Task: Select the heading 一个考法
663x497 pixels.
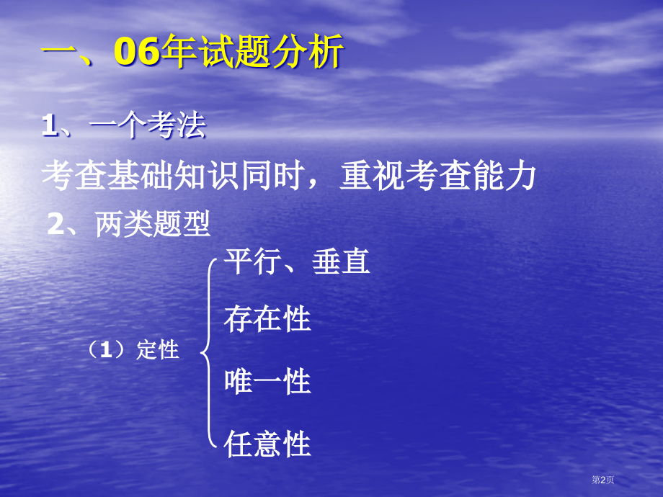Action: (x=148, y=127)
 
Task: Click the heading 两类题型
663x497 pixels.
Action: (x=153, y=226)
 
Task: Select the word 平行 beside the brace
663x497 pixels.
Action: (x=252, y=261)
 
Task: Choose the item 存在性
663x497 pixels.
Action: (x=267, y=319)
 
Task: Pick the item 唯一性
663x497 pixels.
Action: (x=267, y=380)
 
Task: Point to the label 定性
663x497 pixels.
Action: (x=157, y=351)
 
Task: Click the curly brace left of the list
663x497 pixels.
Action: (x=209, y=353)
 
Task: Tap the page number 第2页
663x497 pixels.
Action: (x=602, y=480)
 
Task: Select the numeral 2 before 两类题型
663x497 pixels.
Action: (x=55, y=226)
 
